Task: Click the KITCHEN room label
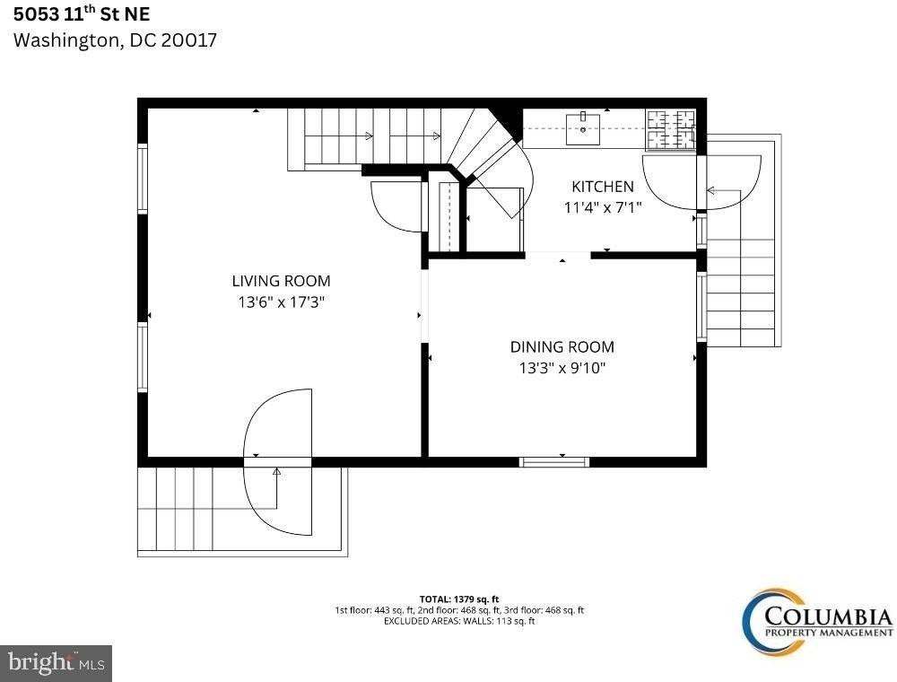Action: pos(603,187)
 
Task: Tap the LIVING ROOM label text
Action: pos(281,281)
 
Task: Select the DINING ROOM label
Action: pos(562,346)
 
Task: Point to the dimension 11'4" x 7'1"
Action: pos(603,206)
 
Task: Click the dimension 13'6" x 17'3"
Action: pos(281,302)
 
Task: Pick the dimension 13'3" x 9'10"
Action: pos(562,368)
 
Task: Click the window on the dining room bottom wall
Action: pos(554,462)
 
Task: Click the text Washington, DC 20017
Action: pos(115,40)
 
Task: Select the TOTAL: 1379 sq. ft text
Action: pos(459,599)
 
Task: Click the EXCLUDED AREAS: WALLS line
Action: pos(459,620)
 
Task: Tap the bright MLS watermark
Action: pos(56,663)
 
